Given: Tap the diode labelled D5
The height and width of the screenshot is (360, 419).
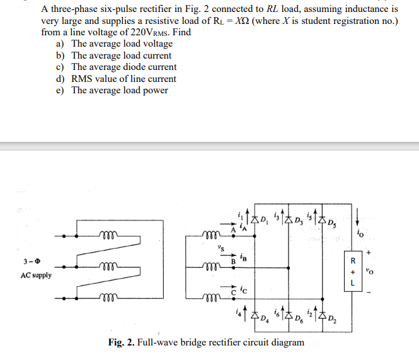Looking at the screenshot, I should (x=322, y=221).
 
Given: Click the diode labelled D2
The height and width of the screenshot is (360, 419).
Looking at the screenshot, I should (x=322, y=314).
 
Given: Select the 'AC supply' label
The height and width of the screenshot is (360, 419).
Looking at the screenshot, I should (x=36, y=276).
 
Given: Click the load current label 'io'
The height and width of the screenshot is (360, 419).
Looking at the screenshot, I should (x=360, y=237).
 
